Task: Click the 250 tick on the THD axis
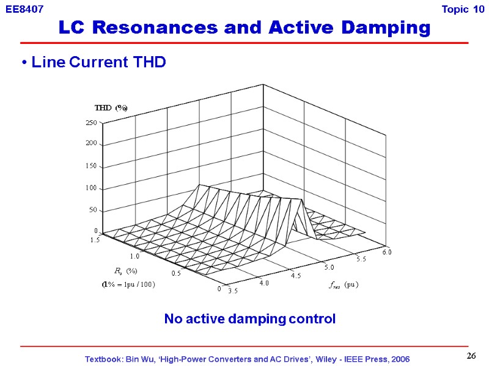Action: pyautogui.click(x=91, y=123)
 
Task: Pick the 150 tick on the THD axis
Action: pyautogui.click(x=91, y=166)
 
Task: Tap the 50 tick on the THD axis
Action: pyautogui.click(x=93, y=210)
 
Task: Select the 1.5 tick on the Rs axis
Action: pyautogui.click(x=94, y=240)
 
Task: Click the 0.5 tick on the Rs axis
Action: pyautogui.click(x=175, y=273)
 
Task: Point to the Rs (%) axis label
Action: pyautogui.click(x=125, y=270)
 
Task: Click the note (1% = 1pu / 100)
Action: pyautogui.click(x=128, y=284)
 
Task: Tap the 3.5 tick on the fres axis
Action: pyautogui.click(x=233, y=291)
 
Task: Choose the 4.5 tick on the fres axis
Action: pyautogui.click(x=296, y=275)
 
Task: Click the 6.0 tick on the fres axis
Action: pyautogui.click(x=387, y=251)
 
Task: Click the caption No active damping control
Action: pyautogui.click(x=249, y=319)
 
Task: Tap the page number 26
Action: pyautogui.click(x=471, y=356)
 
